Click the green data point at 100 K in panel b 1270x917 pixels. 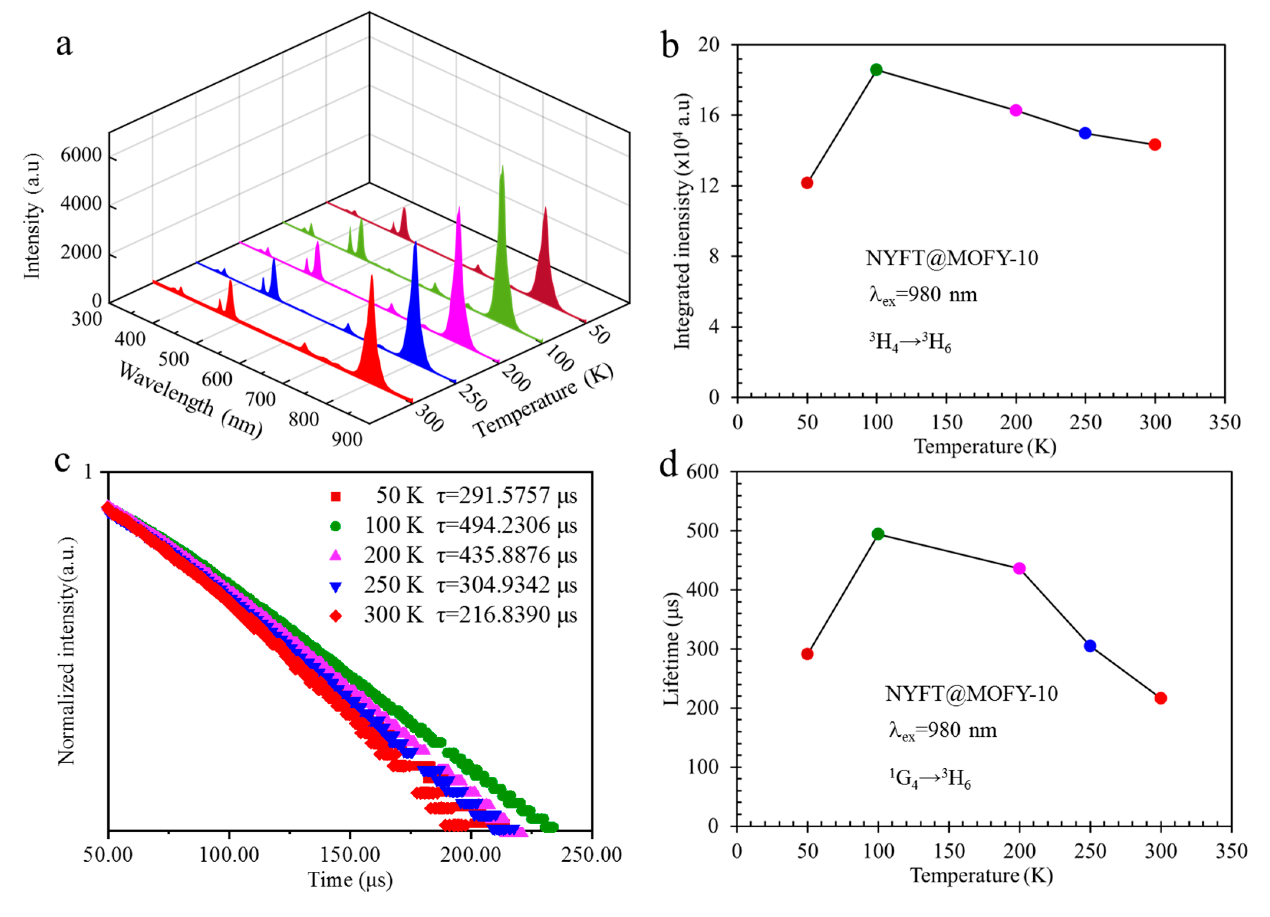[x=876, y=70]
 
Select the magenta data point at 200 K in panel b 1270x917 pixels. [x=1016, y=110]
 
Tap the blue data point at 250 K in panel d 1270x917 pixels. [x=1090, y=646]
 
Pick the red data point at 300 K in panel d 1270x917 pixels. [x=1161, y=698]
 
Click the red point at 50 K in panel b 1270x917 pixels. [x=807, y=183]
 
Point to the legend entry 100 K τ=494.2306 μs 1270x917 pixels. [x=470, y=525]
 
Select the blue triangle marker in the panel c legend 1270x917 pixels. [x=335, y=587]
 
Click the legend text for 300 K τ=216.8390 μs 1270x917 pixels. [x=470, y=615]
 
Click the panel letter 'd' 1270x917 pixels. [x=669, y=465]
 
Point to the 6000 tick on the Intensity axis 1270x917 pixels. [x=81, y=155]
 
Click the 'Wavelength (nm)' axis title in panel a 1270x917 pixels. [x=190, y=400]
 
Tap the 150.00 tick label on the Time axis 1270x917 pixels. [x=350, y=854]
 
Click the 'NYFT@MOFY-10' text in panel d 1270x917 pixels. [x=972, y=694]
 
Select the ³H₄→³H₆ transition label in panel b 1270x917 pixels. [x=910, y=342]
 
